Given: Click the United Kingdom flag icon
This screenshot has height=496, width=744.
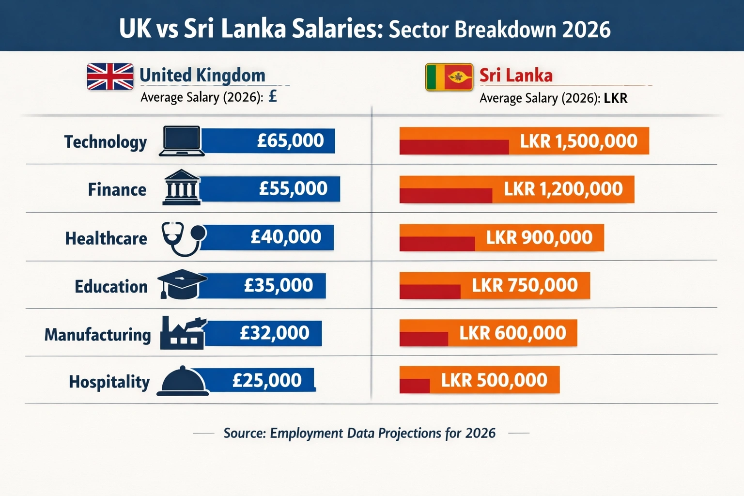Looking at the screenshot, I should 110,77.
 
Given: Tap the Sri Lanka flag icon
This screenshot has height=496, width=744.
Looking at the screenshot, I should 449,77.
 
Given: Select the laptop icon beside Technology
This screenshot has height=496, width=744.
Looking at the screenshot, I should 182,141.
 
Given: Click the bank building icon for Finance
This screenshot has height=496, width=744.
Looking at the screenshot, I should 182,187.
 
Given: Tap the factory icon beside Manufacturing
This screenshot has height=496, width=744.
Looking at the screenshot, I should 183,333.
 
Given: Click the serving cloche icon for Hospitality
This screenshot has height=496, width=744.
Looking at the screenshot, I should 183,381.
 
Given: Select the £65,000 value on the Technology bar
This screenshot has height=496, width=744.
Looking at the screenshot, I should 290,140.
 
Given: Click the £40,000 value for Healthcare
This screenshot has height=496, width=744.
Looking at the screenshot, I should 286,237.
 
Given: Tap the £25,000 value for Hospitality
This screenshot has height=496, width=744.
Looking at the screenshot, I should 267,380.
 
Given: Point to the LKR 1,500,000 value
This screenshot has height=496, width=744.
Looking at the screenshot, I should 578,141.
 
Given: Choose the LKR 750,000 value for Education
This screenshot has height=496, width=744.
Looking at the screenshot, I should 525,285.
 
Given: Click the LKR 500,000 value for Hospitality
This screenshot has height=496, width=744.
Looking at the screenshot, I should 494,380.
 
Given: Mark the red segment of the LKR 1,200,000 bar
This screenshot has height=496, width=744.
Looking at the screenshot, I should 446,195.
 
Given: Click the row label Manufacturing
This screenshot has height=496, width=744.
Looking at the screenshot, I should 98,335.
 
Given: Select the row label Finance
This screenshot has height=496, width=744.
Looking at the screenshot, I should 117,189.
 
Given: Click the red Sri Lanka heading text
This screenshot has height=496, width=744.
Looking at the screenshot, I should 516,76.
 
